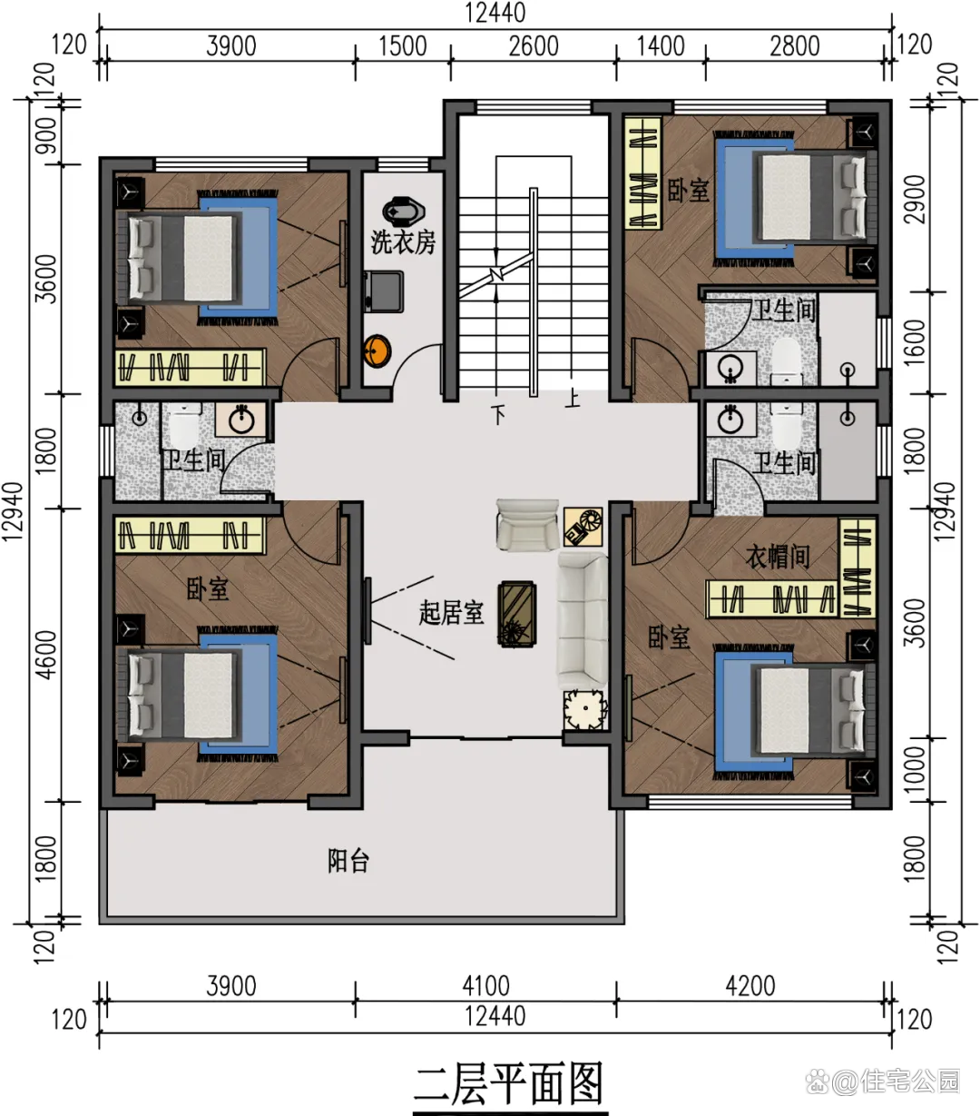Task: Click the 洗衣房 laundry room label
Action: click(403, 242)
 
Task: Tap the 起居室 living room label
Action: click(451, 612)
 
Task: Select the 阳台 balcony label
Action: click(348, 860)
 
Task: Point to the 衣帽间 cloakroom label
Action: click(777, 557)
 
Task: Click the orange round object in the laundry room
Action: click(377, 351)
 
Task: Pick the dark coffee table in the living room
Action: click(516, 613)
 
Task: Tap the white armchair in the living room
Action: click(527, 524)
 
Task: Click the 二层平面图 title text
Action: click(509, 1084)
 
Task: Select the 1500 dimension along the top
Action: click(402, 46)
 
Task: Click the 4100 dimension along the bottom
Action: click(485, 985)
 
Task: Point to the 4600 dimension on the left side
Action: click(46, 655)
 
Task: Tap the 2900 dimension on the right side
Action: click(914, 199)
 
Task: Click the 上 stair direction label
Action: click(572, 398)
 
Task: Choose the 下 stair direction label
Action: click(498, 414)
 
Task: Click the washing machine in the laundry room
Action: click(383, 291)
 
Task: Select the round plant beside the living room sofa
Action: click(584, 709)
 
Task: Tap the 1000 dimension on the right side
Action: click(914, 770)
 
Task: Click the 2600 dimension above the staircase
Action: click(533, 46)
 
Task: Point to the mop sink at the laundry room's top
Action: click(404, 211)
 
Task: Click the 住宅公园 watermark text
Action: click(910, 1081)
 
